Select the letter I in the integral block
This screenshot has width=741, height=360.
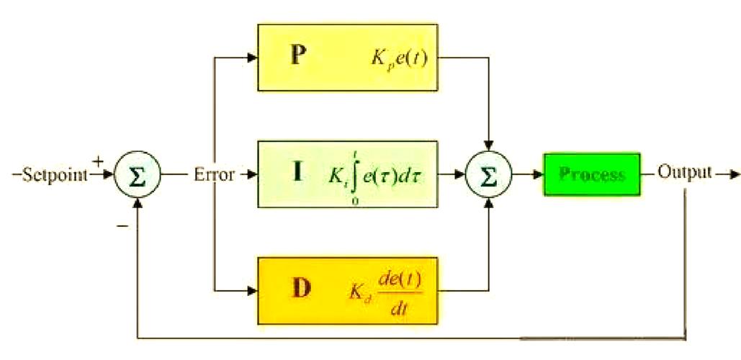pyautogui.click(x=296, y=174)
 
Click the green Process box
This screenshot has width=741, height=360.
pyautogui.click(x=591, y=174)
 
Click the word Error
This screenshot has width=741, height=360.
pyautogui.click(x=215, y=174)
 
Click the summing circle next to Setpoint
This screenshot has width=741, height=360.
pyautogui.click(x=137, y=175)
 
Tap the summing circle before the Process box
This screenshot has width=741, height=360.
pyautogui.click(x=490, y=175)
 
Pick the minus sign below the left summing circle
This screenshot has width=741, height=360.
pyautogui.click(x=122, y=226)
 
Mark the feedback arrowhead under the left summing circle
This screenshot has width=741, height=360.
pyautogui.click(x=137, y=202)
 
